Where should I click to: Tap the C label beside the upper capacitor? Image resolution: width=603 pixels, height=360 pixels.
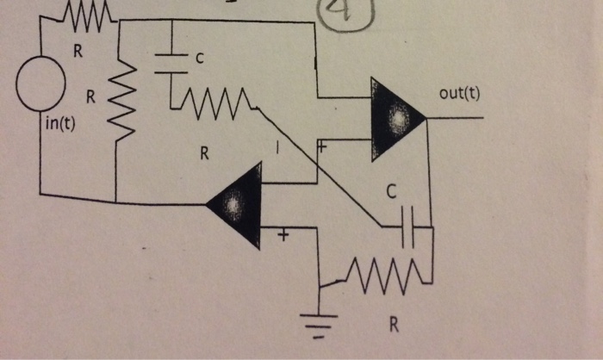point(200,59)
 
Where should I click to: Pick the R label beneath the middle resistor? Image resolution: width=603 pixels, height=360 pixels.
point(204,154)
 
